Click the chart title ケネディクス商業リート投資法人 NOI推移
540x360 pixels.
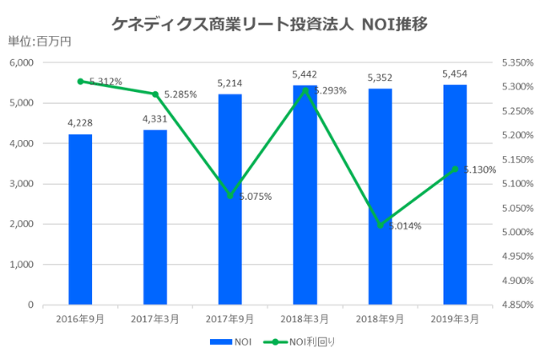(x=269, y=24)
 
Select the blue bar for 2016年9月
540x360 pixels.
(x=80, y=219)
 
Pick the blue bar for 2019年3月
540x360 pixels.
(x=455, y=194)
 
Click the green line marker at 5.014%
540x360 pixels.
(x=381, y=225)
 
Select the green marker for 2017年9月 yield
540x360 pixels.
(x=230, y=196)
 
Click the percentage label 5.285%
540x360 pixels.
(x=181, y=94)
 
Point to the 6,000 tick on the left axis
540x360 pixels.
(x=20, y=63)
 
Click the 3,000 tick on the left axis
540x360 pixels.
(x=20, y=184)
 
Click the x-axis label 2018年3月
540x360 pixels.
(x=305, y=320)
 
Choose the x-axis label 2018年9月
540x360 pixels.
(x=380, y=320)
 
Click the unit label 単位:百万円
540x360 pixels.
(x=40, y=42)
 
